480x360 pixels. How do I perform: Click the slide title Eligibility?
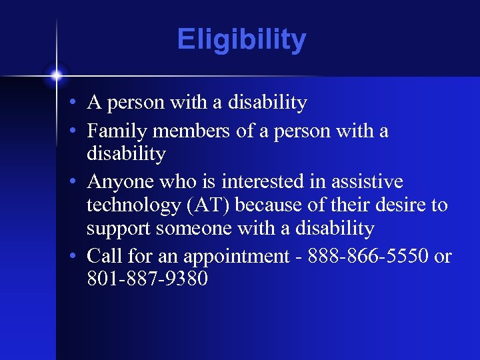(x=241, y=40)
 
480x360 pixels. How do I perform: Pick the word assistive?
(x=369, y=181)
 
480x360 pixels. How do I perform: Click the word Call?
(x=103, y=255)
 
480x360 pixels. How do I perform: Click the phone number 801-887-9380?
(x=147, y=279)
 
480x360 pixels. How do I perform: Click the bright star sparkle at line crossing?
(x=57, y=75)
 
